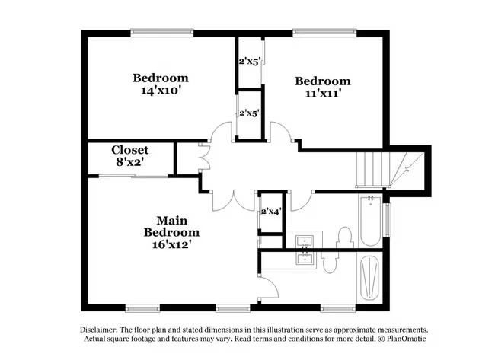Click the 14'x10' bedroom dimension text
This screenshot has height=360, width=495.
(161, 91)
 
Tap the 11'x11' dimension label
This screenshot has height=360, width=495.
(323, 94)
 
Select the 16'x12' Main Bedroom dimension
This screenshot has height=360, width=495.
(171, 244)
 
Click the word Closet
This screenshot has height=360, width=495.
(129, 150)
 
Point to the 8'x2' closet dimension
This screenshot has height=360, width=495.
(130, 162)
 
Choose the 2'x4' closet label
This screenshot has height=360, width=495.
(271, 212)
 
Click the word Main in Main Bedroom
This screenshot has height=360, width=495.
(172, 220)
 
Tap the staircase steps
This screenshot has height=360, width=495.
(372, 170)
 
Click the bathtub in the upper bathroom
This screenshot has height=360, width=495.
(370, 220)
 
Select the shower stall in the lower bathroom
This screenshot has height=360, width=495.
(369, 278)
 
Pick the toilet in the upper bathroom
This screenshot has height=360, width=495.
(344, 237)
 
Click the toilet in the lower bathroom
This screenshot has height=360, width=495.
(330, 262)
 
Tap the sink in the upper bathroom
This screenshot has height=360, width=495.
(305, 241)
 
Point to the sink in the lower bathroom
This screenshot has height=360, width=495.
(305, 258)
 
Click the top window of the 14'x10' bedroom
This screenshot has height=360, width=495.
(162, 32)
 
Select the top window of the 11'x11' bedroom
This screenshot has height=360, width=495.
(324, 32)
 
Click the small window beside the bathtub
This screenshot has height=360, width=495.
(388, 220)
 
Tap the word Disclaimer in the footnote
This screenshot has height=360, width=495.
(99, 330)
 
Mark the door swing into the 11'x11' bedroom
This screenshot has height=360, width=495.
(283, 129)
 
